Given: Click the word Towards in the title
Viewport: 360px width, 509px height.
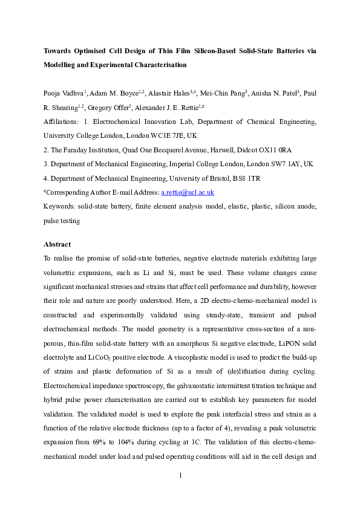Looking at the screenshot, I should (x=61, y=51).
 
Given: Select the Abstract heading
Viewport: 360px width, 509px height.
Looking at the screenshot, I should (x=57, y=244).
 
